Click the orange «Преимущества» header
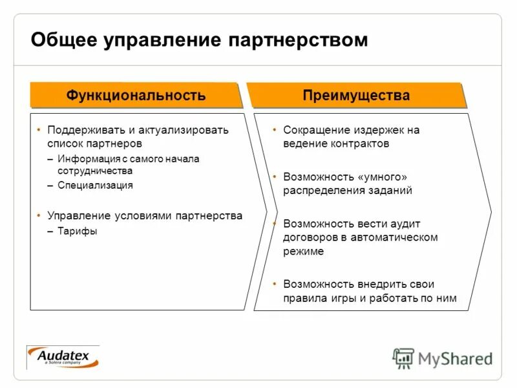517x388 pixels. (356, 96)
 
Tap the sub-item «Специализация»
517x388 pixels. (95, 185)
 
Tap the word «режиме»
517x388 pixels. (303, 252)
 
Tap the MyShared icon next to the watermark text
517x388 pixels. (403, 358)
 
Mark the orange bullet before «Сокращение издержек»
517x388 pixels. (275, 129)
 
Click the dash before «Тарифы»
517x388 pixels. (50, 232)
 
